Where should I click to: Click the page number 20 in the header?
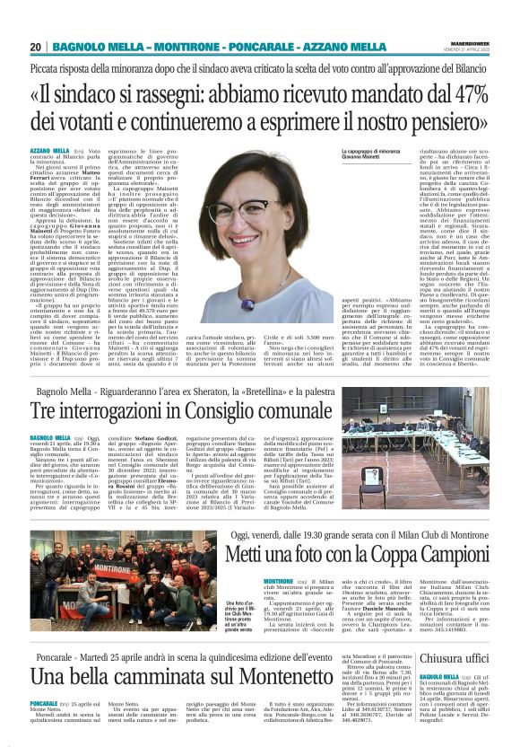point(35,47)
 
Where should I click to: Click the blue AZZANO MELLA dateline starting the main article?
point(49,151)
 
